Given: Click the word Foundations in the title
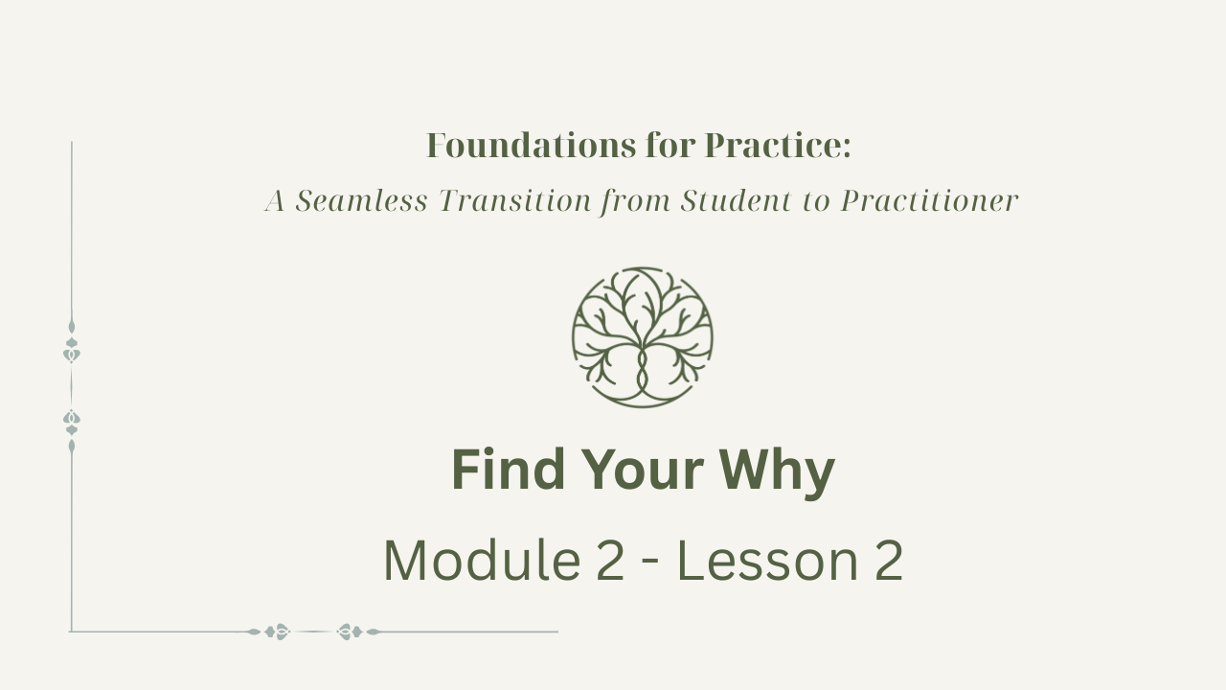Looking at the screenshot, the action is tap(531, 146).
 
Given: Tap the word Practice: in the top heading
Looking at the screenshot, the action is tap(778, 146).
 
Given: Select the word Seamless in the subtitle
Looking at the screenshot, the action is tap(361, 200).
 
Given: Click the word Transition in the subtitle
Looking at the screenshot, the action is tap(515, 200).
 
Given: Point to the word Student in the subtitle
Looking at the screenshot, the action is tap(737, 200).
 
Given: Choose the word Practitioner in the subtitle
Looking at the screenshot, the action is tap(929, 200).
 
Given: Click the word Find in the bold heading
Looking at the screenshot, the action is tap(508, 470).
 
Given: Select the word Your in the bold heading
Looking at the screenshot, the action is tap(643, 470).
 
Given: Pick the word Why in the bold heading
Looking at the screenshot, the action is tap(777, 473).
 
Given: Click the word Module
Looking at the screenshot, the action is tap(482, 560).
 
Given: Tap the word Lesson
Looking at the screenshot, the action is tap(768, 561).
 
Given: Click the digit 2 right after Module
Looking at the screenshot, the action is tap(610, 561).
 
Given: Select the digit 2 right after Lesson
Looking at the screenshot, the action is tap(889, 561).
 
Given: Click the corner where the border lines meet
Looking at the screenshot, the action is tap(71, 632).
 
